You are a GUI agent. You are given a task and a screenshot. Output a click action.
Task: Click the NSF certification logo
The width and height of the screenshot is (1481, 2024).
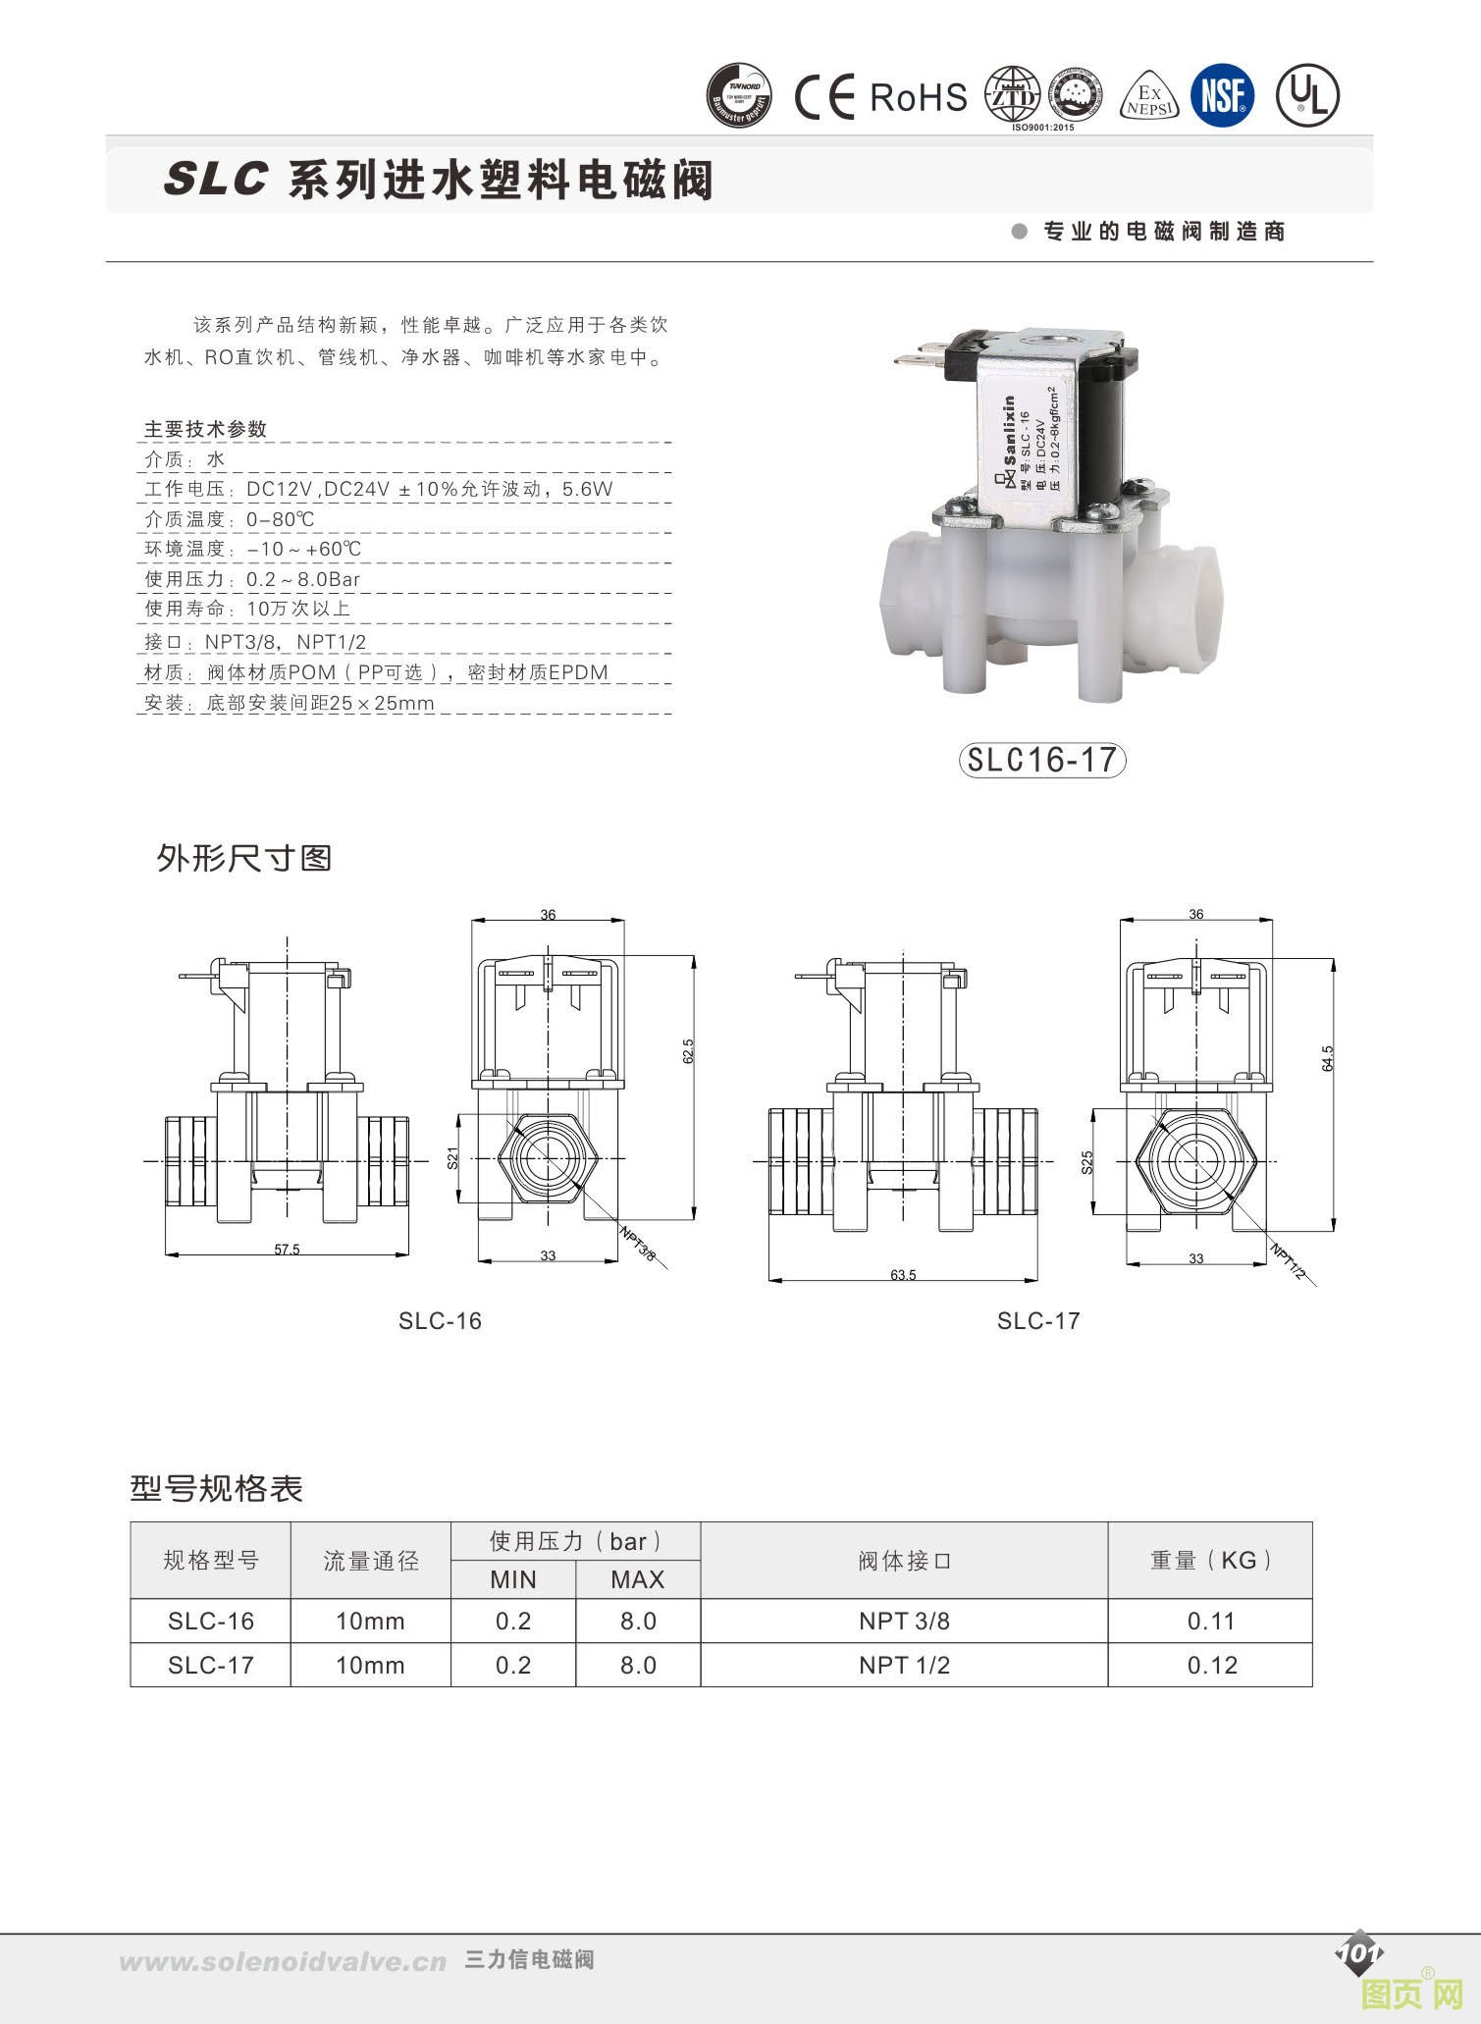click(1223, 96)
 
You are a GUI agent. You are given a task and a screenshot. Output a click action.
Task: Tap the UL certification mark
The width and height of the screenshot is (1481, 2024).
click(1307, 96)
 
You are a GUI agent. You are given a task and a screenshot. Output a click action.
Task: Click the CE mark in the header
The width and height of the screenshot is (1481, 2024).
click(824, 97)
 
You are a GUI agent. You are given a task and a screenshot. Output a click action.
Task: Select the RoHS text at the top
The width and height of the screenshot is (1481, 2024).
click(919, 97)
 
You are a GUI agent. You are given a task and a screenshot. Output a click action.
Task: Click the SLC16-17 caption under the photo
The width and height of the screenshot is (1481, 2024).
click(1041, 760)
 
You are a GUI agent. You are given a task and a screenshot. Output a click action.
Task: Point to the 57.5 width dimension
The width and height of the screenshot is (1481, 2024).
click(287, 1250)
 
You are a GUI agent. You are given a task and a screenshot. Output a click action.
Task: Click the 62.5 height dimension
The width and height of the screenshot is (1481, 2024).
click(688, 1050)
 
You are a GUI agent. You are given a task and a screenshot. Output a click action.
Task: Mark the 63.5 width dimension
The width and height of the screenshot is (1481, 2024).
click(903, 1275)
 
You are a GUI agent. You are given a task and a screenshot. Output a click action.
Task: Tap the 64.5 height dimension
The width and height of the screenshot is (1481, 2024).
click(1328, 1057)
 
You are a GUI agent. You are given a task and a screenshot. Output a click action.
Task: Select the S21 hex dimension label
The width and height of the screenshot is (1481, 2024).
click(452, 1157)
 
